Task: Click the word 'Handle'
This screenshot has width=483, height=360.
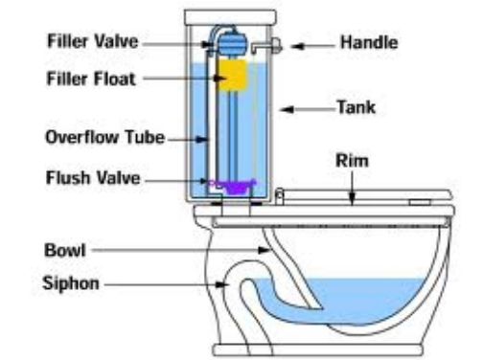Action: tap(366, 42)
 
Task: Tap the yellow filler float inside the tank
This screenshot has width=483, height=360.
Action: tap(232, 76)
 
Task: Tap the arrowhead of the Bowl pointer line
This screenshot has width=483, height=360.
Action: tap(267, 251)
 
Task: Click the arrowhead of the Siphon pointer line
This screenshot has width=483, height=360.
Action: tap(228, 283)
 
